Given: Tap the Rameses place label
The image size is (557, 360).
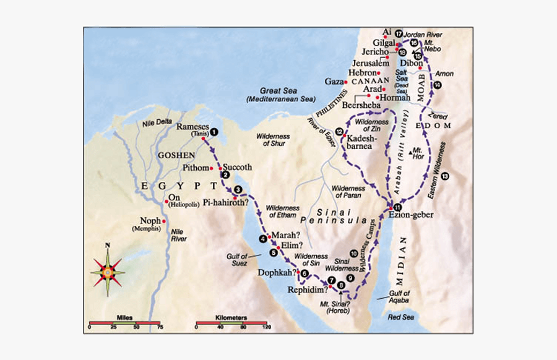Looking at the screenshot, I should (189, 126).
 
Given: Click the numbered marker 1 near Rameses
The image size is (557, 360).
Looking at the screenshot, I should (214, 131).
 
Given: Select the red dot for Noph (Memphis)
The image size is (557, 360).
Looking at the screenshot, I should (165, 220).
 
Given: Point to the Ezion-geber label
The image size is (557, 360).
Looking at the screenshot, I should (410, 215).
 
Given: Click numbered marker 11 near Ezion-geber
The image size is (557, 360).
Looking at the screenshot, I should (397, 207).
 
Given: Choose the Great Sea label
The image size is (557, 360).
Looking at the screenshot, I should (280, 90).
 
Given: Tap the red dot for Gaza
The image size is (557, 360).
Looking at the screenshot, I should (347, 81).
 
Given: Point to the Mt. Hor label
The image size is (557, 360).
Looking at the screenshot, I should (418, 153).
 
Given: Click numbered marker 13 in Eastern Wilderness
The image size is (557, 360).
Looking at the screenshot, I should (445, 176).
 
